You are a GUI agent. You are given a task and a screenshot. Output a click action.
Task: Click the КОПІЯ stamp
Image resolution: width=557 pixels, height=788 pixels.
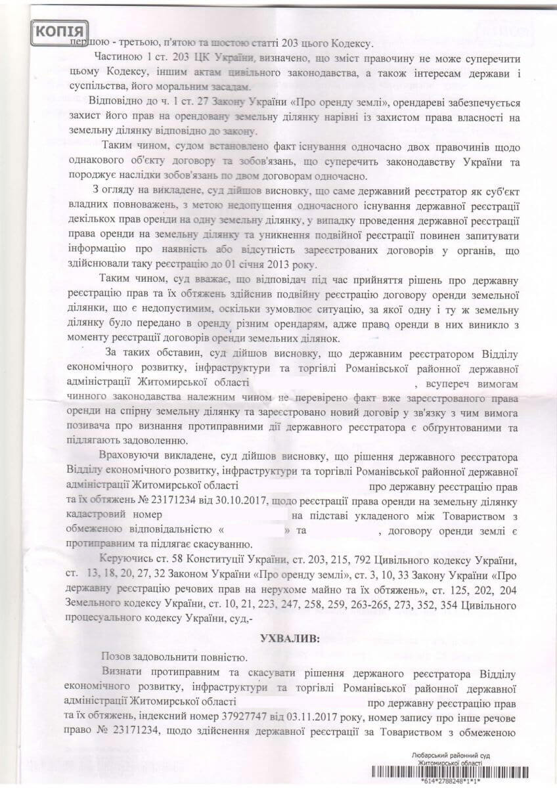click(60, 31)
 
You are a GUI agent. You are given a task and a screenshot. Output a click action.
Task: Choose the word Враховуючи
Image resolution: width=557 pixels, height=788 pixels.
click(128, 457)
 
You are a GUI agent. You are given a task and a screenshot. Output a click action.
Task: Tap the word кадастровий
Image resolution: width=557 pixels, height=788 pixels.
click(96, 514)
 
